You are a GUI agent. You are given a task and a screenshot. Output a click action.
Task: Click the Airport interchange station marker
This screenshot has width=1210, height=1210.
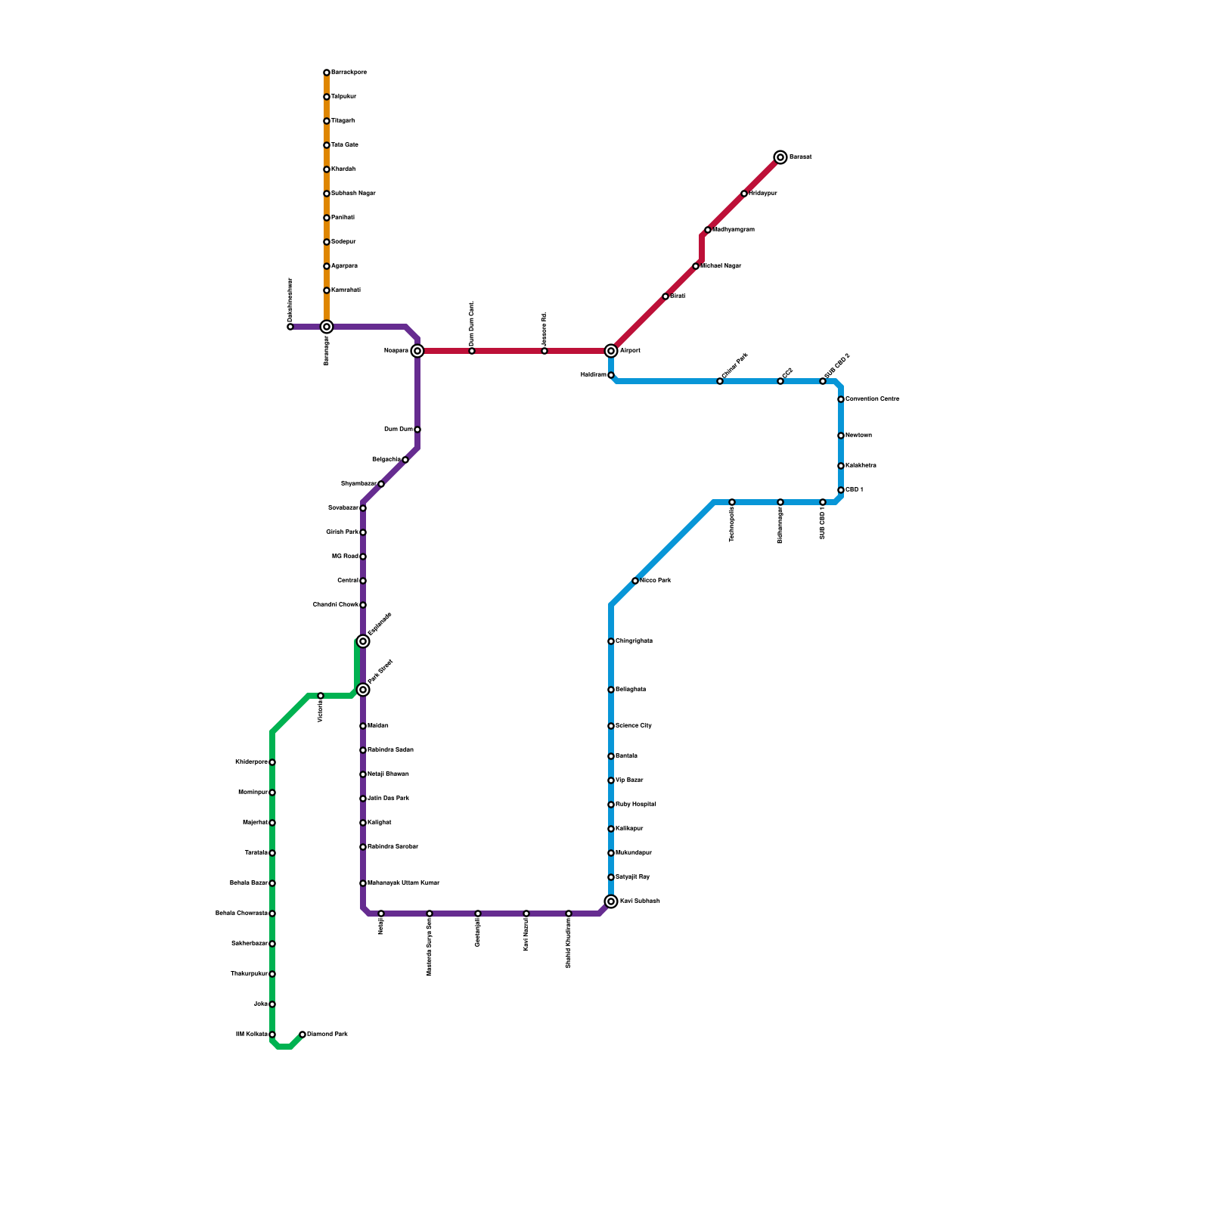[611, 351]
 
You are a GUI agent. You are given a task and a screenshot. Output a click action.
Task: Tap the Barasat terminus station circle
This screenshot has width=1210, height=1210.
[780, 157]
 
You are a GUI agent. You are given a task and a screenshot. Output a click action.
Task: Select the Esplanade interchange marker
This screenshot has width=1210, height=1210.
[363, 641]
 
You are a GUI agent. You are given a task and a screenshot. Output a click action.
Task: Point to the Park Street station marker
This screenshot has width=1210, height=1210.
[363, 690]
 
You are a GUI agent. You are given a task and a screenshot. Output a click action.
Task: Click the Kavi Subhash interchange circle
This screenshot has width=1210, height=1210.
[611, 901]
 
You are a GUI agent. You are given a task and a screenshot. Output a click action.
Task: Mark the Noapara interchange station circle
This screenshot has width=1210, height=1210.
[417, 351]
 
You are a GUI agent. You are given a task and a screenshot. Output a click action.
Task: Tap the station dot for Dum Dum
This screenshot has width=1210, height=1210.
[417, 430]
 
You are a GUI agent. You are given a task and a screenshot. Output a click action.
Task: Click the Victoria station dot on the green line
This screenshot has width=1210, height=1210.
[321, 696]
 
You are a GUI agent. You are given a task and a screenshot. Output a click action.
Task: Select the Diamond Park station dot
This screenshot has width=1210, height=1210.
[302, 1035]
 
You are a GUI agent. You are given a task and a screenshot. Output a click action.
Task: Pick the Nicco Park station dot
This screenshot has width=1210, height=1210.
[635, 581]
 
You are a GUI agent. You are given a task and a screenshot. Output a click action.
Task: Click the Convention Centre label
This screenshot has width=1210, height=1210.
[872, 399]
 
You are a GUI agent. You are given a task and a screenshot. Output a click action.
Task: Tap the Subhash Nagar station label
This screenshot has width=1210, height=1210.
[353, 194]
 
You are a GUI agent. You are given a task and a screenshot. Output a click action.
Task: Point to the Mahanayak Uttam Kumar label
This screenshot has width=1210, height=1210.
[403, 883]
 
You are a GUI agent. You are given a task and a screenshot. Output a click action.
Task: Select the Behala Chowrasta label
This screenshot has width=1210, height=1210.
[241, 914]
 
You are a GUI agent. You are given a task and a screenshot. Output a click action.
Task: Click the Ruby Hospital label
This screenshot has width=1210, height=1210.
[636, 805]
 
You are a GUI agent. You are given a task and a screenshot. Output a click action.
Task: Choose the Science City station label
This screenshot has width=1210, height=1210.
[634, 726]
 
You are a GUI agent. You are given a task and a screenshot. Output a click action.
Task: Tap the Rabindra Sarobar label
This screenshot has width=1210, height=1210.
[392, 847]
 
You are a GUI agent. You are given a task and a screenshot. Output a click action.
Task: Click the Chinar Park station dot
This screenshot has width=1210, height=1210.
[720, 381]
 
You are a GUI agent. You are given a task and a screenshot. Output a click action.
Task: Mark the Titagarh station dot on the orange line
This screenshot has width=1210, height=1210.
[327, 121]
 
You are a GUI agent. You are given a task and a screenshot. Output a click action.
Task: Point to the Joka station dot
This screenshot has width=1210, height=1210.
[272, 1004]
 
